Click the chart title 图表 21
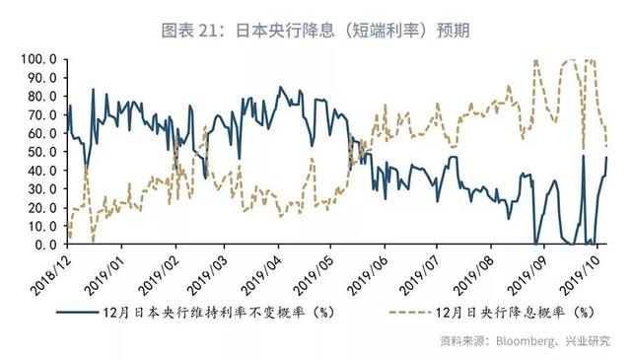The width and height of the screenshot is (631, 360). (315, 30)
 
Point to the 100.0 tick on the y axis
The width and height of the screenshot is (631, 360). (38, 59)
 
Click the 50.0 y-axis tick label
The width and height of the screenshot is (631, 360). (41, 152)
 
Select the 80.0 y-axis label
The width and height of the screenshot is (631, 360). (41, 97)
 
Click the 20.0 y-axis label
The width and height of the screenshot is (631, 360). (41, 208)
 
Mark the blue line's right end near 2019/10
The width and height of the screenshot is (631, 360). (606, 158)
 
